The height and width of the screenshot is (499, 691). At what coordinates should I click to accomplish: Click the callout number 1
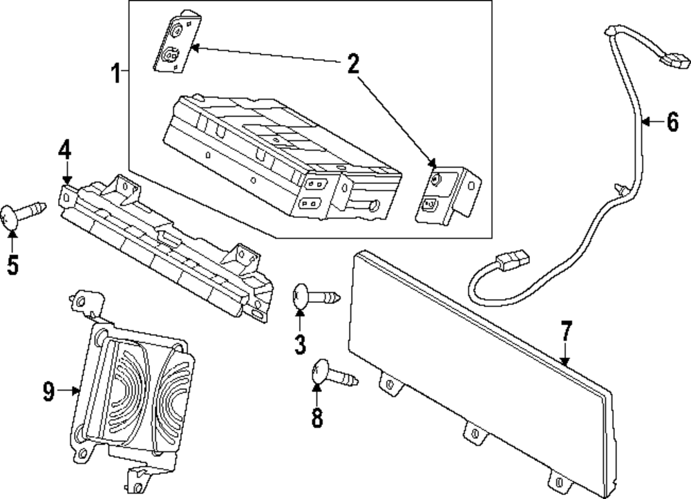click(117, 71)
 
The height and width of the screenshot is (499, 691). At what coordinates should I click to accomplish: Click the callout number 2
click(352, 66)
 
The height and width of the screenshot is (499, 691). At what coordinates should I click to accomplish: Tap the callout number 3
click(299, 343)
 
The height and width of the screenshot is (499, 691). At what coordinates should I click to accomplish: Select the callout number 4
click(64, 150)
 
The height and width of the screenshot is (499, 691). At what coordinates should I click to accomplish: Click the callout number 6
click(672, 123)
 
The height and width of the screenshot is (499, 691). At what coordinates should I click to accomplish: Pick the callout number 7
click(566, 332)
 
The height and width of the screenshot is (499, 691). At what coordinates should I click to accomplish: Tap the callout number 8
click(317, 417)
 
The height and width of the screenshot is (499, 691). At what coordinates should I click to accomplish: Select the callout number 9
click(48, 392)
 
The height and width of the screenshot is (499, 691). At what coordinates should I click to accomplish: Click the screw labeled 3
click(315, 296)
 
